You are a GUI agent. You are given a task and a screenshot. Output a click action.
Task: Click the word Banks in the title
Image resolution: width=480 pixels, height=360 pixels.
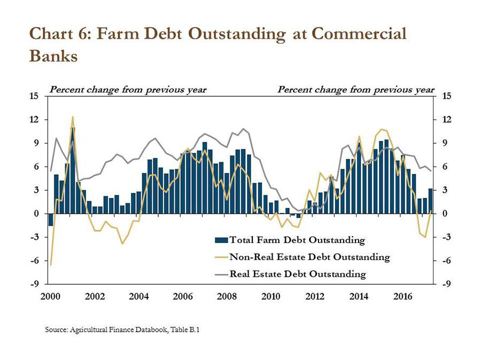pos(53,56)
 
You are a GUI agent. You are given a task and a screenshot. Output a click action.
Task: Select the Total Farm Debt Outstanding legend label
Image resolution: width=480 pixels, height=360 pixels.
pos(297,240)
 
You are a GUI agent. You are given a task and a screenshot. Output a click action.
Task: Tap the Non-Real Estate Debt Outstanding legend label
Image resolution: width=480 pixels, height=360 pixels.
pos(310,257)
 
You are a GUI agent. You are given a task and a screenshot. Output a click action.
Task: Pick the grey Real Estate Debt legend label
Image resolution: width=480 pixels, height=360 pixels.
pos(298,274)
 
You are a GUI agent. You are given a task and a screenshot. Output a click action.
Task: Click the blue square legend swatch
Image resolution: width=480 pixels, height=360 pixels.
pos(221,240)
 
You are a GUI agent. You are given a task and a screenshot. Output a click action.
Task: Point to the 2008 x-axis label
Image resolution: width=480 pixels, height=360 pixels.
pos(227,296)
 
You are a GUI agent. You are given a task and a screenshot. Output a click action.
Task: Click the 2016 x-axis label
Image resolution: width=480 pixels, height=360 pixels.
pos(403,296)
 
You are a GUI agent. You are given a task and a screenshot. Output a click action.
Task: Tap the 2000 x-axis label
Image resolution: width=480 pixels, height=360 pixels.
pos(50,296)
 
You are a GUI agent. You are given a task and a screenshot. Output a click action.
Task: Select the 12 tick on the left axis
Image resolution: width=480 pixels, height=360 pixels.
pos(35,120)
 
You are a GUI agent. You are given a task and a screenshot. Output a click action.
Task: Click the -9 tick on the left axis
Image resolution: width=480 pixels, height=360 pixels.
pos(35,284)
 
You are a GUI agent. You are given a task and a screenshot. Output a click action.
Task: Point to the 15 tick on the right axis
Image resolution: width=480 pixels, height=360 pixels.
pos(447,96)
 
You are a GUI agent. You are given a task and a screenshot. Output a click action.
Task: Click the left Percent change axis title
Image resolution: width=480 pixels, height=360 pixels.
pos(128,90)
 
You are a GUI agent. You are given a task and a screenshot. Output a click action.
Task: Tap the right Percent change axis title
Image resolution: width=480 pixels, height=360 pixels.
pos(356,90)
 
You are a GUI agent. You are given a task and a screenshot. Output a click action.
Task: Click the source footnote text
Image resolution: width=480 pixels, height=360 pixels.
pos(122,330)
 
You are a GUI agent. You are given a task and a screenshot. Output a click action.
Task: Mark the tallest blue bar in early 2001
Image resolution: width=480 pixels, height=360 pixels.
pos(73,170)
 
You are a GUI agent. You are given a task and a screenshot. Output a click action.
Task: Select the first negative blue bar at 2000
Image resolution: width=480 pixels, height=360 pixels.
pos(51,220)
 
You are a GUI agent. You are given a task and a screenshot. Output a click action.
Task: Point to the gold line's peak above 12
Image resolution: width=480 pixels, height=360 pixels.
pos(73,116)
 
